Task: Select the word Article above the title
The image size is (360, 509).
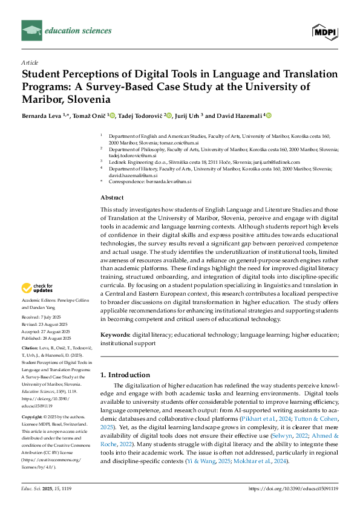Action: coord(30,62)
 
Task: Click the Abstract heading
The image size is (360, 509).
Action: coord(112,198)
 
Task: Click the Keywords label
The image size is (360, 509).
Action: coord(115,334)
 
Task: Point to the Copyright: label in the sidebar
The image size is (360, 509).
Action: coord(33,418)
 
